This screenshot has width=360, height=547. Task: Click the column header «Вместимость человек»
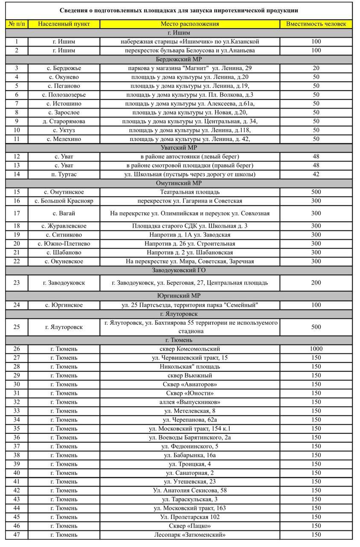click(316, 24)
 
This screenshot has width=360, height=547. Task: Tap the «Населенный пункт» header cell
click(64, 24)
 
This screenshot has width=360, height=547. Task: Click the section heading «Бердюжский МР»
click(179, 59)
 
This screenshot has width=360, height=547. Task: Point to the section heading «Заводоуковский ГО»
click(179, 271)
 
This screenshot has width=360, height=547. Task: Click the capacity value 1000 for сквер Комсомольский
click(316, 349)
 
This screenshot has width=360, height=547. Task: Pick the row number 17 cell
click(17, 213)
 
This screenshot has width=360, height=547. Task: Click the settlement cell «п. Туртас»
click(64, 174)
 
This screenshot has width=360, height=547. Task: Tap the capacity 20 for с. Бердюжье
click(316, 68)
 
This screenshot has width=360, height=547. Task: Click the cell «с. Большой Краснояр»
click(64, 201)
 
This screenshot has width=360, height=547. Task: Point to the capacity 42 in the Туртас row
click(316, 174)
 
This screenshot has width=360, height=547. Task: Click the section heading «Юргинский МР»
click(179, 296)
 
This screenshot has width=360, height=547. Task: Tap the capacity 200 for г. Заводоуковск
click(316, 283)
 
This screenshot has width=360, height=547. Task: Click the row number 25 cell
click(17, 327)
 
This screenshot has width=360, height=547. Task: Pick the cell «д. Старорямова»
click(64, 121)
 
